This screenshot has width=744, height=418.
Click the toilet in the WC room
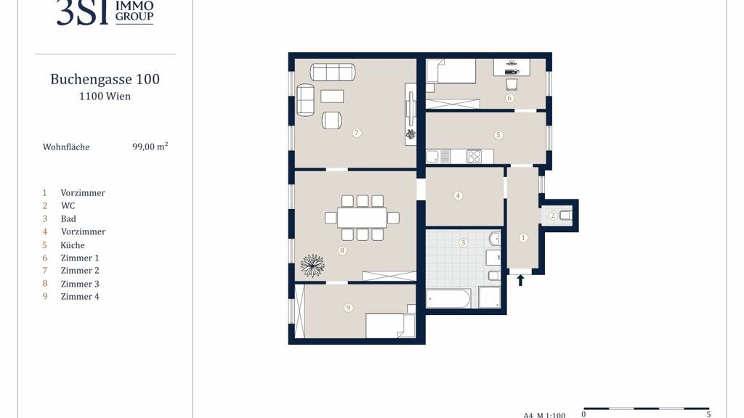click(x=565, y=216)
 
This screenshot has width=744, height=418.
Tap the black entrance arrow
click(x=520, y=280)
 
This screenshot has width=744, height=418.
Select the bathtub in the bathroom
click(x=448, y=299)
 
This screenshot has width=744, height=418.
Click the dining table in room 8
click(x=362, y=218)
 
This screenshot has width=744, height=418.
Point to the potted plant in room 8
click(x=312, y=266)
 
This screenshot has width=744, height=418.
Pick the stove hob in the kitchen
click(x=474, y=157)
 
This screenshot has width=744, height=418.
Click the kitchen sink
click(x=433, y=157)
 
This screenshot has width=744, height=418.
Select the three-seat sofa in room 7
click(x=333, y=72)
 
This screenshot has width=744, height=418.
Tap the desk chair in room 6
click(x=511, y=84)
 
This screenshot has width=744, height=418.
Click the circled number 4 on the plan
click(x=458, y=195)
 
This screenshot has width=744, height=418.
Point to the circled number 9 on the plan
click(x=348, y=308)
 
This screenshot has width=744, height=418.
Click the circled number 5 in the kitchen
click(x=498, y=135)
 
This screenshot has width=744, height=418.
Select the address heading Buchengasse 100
click(x=105, y=79)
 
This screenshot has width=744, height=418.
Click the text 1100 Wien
click(x=105, y=97)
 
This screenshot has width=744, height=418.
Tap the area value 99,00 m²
click(x=150, y=147)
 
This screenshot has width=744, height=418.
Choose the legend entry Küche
click(x=73, y=245)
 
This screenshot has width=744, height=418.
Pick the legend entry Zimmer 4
click(x=80, y=297)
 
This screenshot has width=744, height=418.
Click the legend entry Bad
click(x=68, y=219)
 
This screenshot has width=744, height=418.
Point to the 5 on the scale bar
click(x=708, y=414)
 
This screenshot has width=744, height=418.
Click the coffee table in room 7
click(x=332, y=97)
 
